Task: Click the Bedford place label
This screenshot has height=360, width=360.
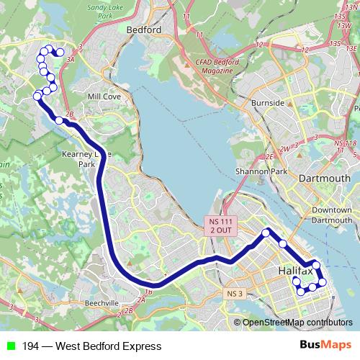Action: click(x=143, y=30)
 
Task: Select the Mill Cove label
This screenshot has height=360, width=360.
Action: click(x=102, y=95)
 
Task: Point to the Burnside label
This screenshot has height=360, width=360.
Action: click(x=268, y=103)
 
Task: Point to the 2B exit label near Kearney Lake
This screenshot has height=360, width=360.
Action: click(x=69, y=114)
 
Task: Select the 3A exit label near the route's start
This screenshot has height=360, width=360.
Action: click(x=71, y=61)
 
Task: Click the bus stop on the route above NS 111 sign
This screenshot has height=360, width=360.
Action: click(x=266, y=232)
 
